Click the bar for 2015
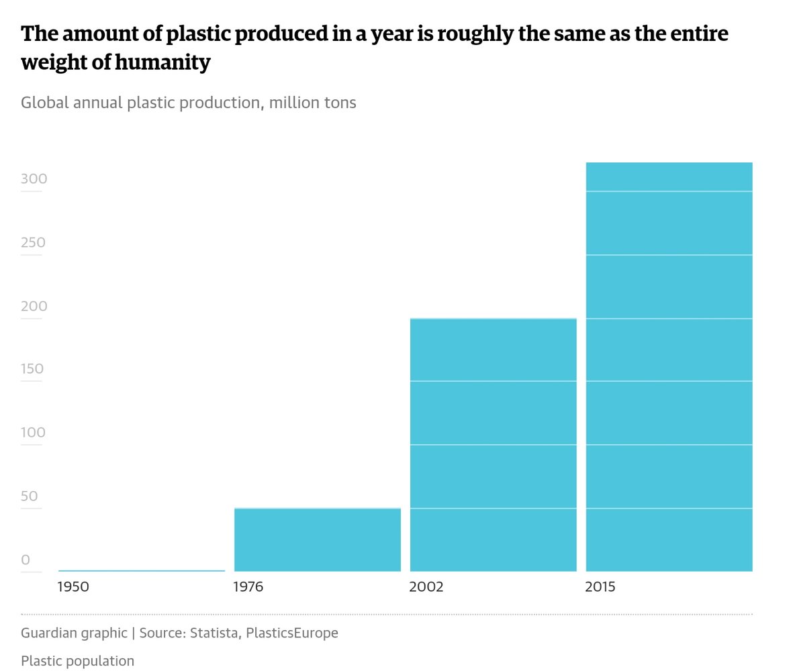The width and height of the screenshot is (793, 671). coord(669,367)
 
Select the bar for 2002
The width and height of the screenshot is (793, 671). coord(493,445)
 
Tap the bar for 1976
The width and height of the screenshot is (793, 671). coord(318,539)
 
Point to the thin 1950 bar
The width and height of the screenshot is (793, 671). coord(142,570)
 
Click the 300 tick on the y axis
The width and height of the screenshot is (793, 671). coord(34,179)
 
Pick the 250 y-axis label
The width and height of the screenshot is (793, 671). coord(34,242)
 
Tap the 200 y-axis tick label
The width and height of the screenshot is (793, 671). coord(34,306)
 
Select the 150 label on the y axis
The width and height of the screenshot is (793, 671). coord(32,369)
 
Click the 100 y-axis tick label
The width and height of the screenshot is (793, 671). coord(33,433)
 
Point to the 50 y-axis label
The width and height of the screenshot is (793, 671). coord(30,496)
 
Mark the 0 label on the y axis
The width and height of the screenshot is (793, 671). coord(26,560)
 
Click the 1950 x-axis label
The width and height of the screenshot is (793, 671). coord(73,586)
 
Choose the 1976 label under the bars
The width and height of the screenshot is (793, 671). coord(248,586)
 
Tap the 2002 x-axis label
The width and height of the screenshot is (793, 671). coord(426,586)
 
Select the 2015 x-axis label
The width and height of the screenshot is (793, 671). coord(600,586)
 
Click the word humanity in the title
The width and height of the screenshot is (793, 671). coord(162,62)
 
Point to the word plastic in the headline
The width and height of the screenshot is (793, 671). coord(197,34)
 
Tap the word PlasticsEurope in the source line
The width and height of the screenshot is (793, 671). coord(292,633)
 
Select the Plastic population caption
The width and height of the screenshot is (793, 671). coord(77,661)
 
